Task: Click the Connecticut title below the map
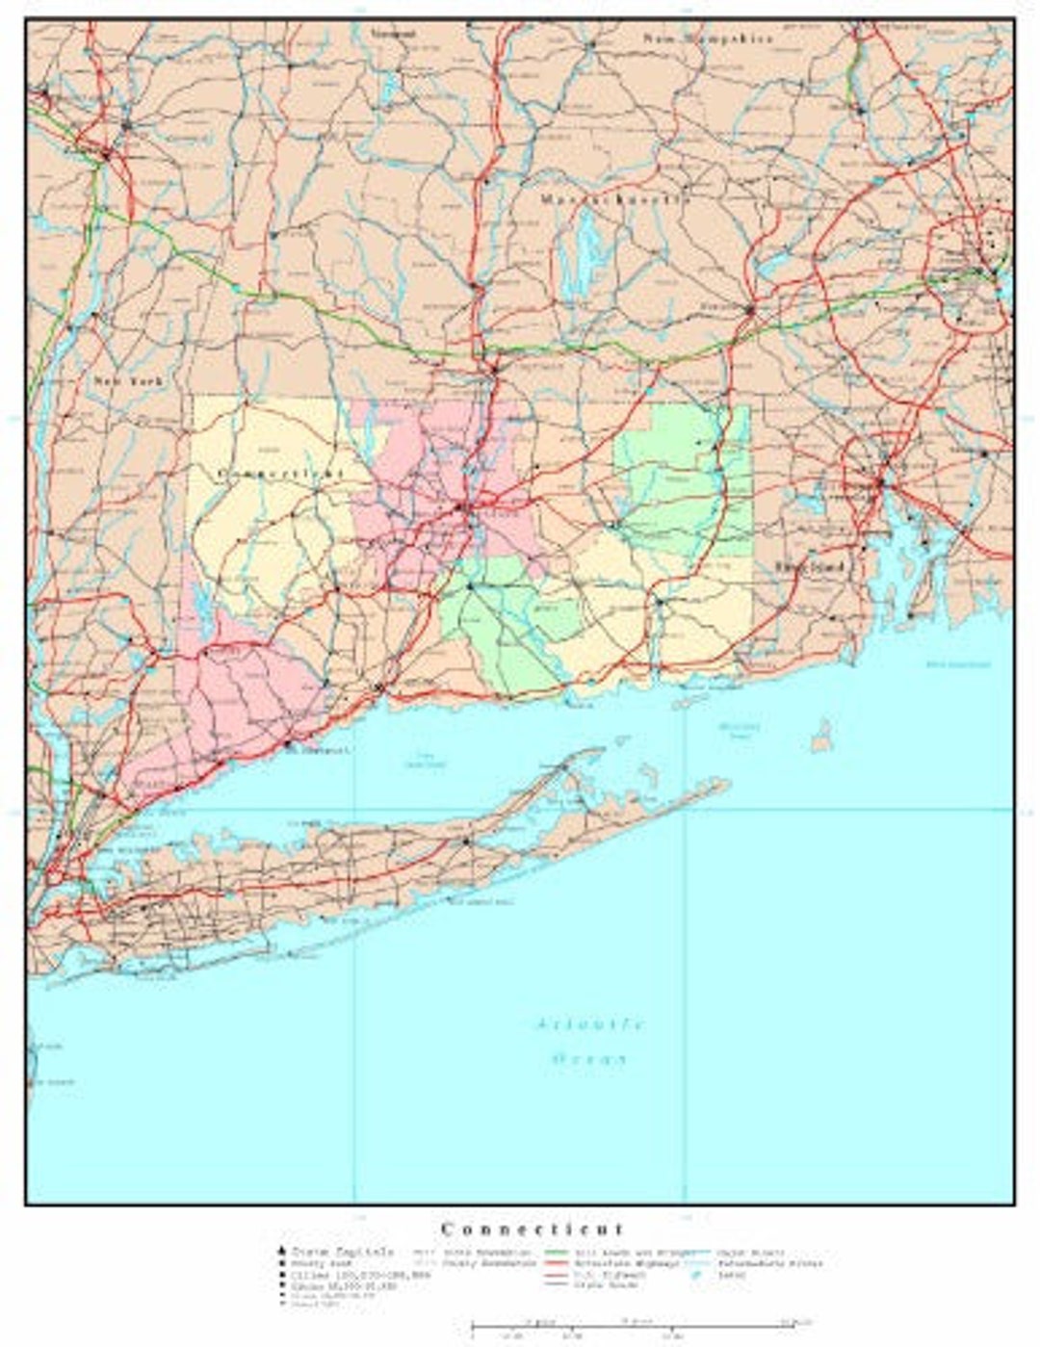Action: point(533,1229)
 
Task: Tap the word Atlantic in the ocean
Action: point(589,1023)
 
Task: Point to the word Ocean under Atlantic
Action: point(589,1058)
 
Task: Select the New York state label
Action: point(128,381)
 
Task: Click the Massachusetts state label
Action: point(614,199)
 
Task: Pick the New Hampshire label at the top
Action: point(708,39)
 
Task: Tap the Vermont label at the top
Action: point(393,33)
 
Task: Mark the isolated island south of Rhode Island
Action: point(821,737)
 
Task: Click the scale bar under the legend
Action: point(636,1325)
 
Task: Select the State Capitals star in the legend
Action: point(282,1251)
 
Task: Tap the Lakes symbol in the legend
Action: point(695,1275)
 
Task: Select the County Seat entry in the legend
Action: point(312,1262)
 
